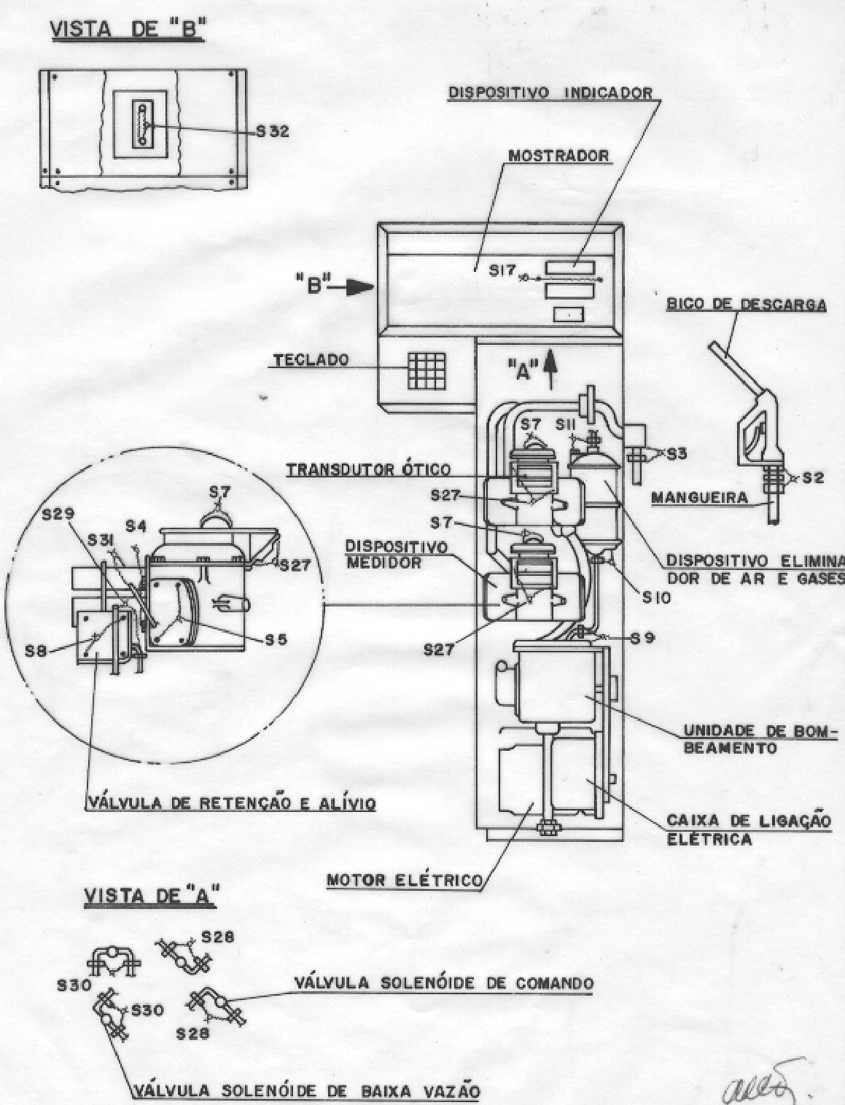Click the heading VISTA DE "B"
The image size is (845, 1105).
[x=128, y=29]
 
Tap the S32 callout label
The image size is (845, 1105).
[x=273, y=131]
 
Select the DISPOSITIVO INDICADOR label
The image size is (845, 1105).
[x=550, y=93]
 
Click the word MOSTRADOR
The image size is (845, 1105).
[x=558, y=155]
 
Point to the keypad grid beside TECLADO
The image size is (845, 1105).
[x=427, y=370]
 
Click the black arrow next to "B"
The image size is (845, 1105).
[x=356, y=287]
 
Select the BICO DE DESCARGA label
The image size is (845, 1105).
[x=747, y=305]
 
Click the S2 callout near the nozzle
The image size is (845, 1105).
[x=813, y=477]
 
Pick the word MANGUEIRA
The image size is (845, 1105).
[x=699, y=498]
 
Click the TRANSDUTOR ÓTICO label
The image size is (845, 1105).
[x=368, y=469]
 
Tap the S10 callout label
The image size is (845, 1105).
[x=657, y=598]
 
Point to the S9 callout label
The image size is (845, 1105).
[x=642, y=639]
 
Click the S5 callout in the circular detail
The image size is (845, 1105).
[x=276, y=639]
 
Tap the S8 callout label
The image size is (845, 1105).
[x=36, y=652]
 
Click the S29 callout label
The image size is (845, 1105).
[x=58, y=514]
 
